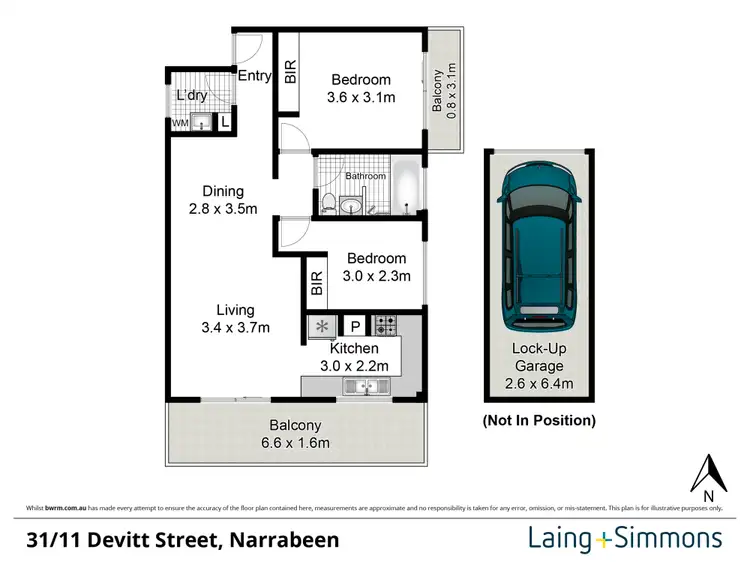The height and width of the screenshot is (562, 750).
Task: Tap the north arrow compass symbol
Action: (709, 477)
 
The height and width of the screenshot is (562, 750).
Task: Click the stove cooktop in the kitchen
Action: (385, 325)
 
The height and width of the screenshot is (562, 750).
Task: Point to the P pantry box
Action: (355, 326)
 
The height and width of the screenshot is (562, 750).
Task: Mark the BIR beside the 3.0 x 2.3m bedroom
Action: (316, 285)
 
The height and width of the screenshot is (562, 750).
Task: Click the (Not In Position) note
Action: (540, 419)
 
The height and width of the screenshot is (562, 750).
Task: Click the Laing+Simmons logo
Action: (624, 539)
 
